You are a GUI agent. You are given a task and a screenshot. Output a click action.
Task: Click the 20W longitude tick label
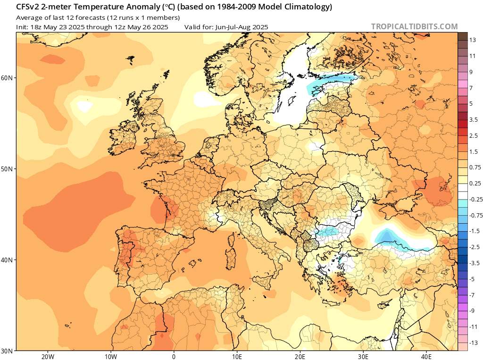(x=47, y=356)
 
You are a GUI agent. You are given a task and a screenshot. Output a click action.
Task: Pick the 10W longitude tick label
(x=110, y=356)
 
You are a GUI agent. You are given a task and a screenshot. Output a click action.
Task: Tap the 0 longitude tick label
(x=174, y=356)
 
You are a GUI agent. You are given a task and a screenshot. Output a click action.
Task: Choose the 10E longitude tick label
(x=237, y=356)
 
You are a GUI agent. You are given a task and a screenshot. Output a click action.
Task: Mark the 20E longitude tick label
(x=300, y=356)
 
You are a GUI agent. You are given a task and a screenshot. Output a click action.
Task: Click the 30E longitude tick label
(x=363, y=356)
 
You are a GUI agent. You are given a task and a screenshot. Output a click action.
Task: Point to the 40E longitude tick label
(x=426, y=356)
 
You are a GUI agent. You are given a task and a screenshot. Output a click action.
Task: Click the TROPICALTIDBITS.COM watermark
(x=414, y=26)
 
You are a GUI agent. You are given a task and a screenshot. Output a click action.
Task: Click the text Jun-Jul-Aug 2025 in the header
(x=241, y=27)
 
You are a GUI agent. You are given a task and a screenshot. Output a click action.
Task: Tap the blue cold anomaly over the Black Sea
(x=388, y=236)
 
